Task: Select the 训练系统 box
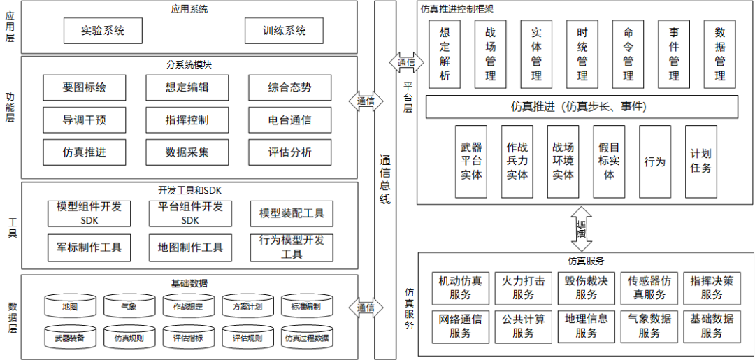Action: tap(285, 31)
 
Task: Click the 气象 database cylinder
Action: tap(129, 306)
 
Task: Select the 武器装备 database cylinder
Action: tap(69, 338)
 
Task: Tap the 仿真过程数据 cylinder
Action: tap(306, 338)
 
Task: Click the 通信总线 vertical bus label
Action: tap(384, 180)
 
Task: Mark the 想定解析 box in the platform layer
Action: tap(445, 54)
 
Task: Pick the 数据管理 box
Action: tap(720, 54)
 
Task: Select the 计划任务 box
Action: tap(700, 161)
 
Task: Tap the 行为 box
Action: tap(654, 161)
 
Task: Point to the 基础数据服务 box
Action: tap(712, 326)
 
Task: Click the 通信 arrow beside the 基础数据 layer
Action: tap(366, 308)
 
